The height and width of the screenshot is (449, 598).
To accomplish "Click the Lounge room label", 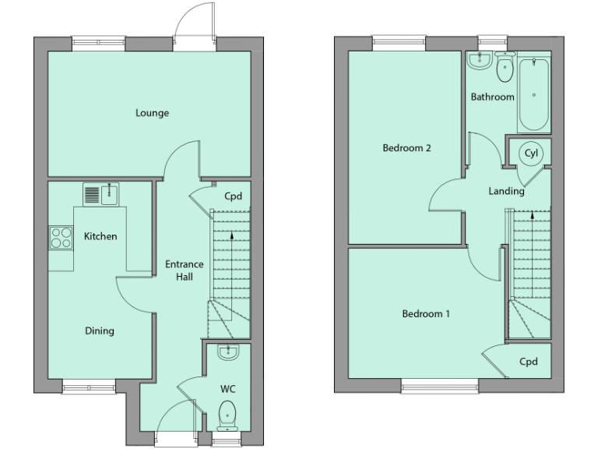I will tap(152, 113).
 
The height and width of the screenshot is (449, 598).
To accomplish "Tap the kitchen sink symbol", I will tap(100, 194).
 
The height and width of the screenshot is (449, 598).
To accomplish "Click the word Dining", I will tap(100, 331).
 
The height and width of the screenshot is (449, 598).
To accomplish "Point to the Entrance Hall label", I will tap(184, 270).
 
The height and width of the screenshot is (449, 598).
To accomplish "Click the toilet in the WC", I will tap(228, 412).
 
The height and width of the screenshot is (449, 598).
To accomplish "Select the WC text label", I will tap(228, 388).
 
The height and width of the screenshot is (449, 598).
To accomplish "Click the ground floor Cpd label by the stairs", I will tap(233, 196).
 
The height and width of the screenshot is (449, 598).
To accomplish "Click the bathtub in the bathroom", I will tap(534, 94).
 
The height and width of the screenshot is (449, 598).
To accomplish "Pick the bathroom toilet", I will tap(505, 69).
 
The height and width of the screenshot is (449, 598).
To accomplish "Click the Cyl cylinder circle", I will tap(532, 153).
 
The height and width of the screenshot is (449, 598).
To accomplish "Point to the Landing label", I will tap(506, 191).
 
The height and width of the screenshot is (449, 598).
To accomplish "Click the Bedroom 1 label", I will tap(426, 314).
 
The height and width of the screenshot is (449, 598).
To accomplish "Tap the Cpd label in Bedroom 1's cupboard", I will tap(529, 362).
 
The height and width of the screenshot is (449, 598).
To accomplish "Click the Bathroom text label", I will tap(493, 97).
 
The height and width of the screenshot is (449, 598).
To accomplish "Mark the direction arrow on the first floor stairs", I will tap(532, 214).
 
